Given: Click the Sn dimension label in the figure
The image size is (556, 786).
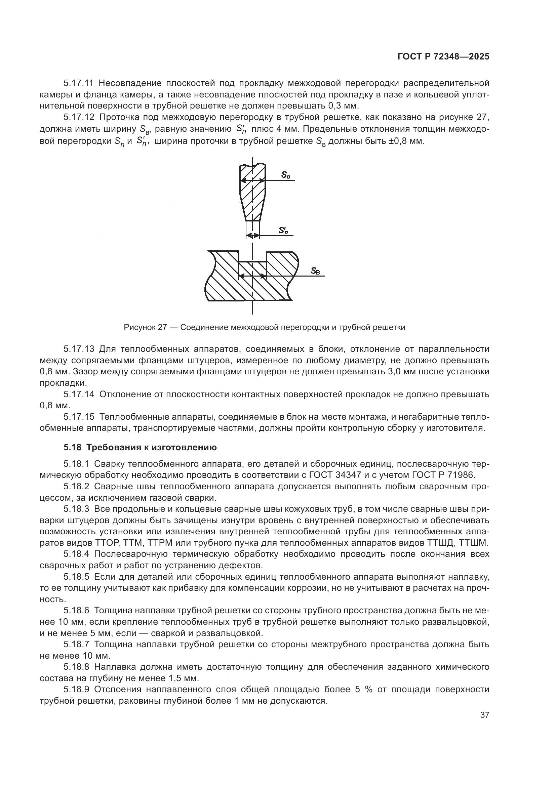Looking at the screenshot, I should [285, 175].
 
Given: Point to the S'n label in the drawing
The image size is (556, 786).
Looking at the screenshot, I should [283, 231].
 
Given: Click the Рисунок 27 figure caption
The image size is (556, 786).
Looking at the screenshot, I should [264, 327].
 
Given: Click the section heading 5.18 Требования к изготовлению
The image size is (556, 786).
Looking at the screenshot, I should [140, 447].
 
